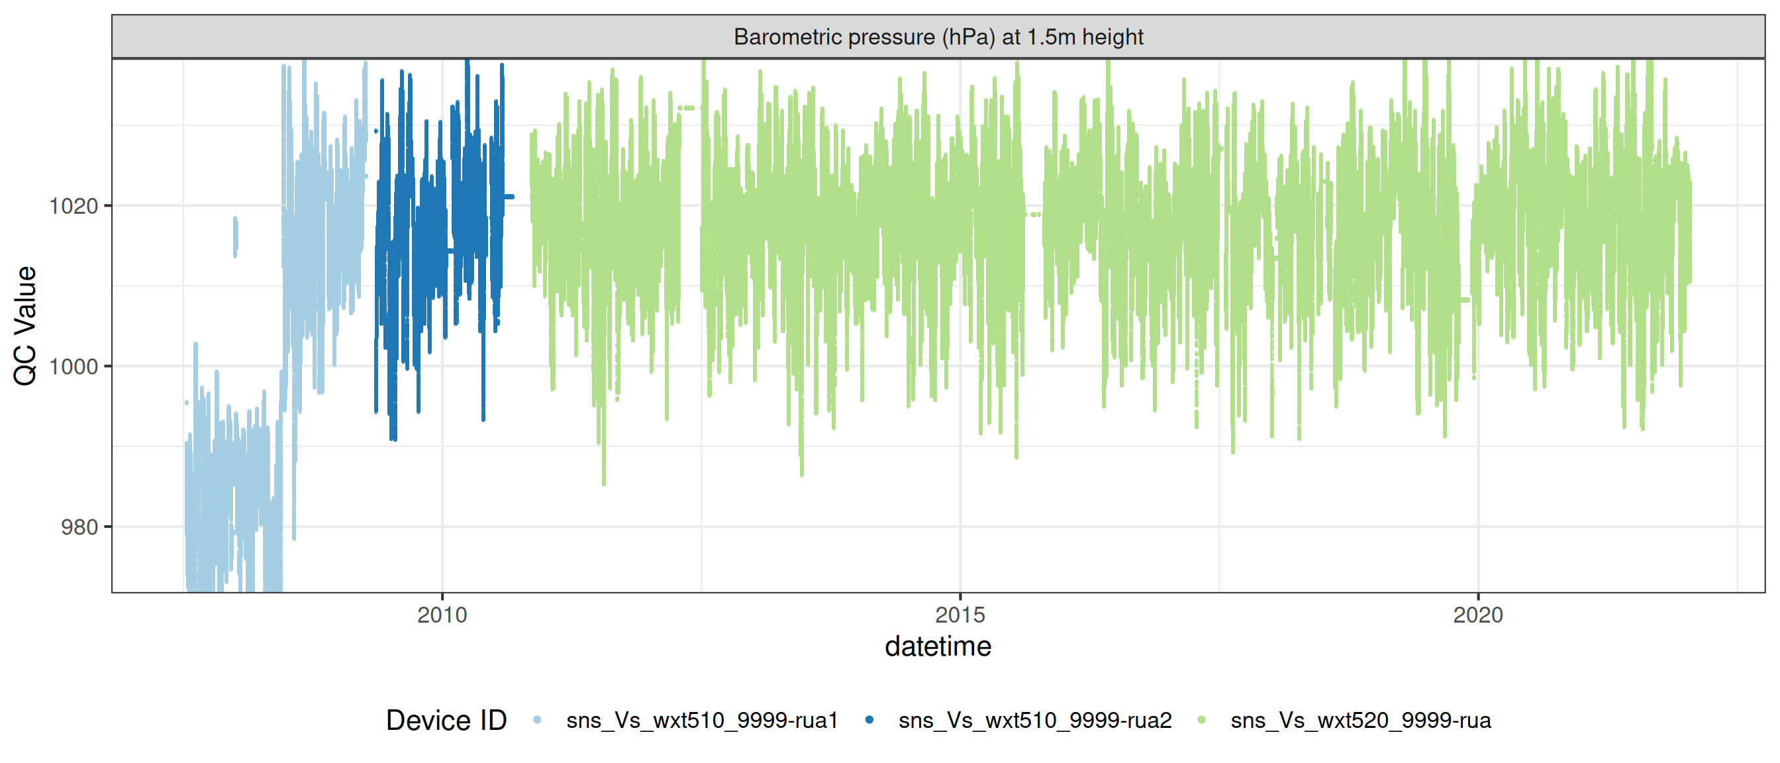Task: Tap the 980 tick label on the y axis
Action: coord(79,527)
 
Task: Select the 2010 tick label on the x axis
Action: coord(442,615)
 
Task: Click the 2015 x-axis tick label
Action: coord(960,615)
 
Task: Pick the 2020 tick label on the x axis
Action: coord(1477,615)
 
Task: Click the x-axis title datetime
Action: coord(938,647)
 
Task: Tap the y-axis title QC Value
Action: coord(26,325)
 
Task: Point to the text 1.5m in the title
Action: coord(1050,36)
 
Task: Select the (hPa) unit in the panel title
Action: coord(968,36)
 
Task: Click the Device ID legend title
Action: coord(446,720)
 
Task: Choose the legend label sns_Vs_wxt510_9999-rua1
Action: coord(701,720)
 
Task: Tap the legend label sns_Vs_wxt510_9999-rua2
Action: coord(1034,720)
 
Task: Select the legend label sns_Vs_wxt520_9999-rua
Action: coord(1360,720)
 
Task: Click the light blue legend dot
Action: coord(537,720)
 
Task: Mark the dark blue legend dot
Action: coord(869,720)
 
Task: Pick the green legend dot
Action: coord(1202,720)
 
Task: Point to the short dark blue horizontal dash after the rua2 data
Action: coord(509,197)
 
